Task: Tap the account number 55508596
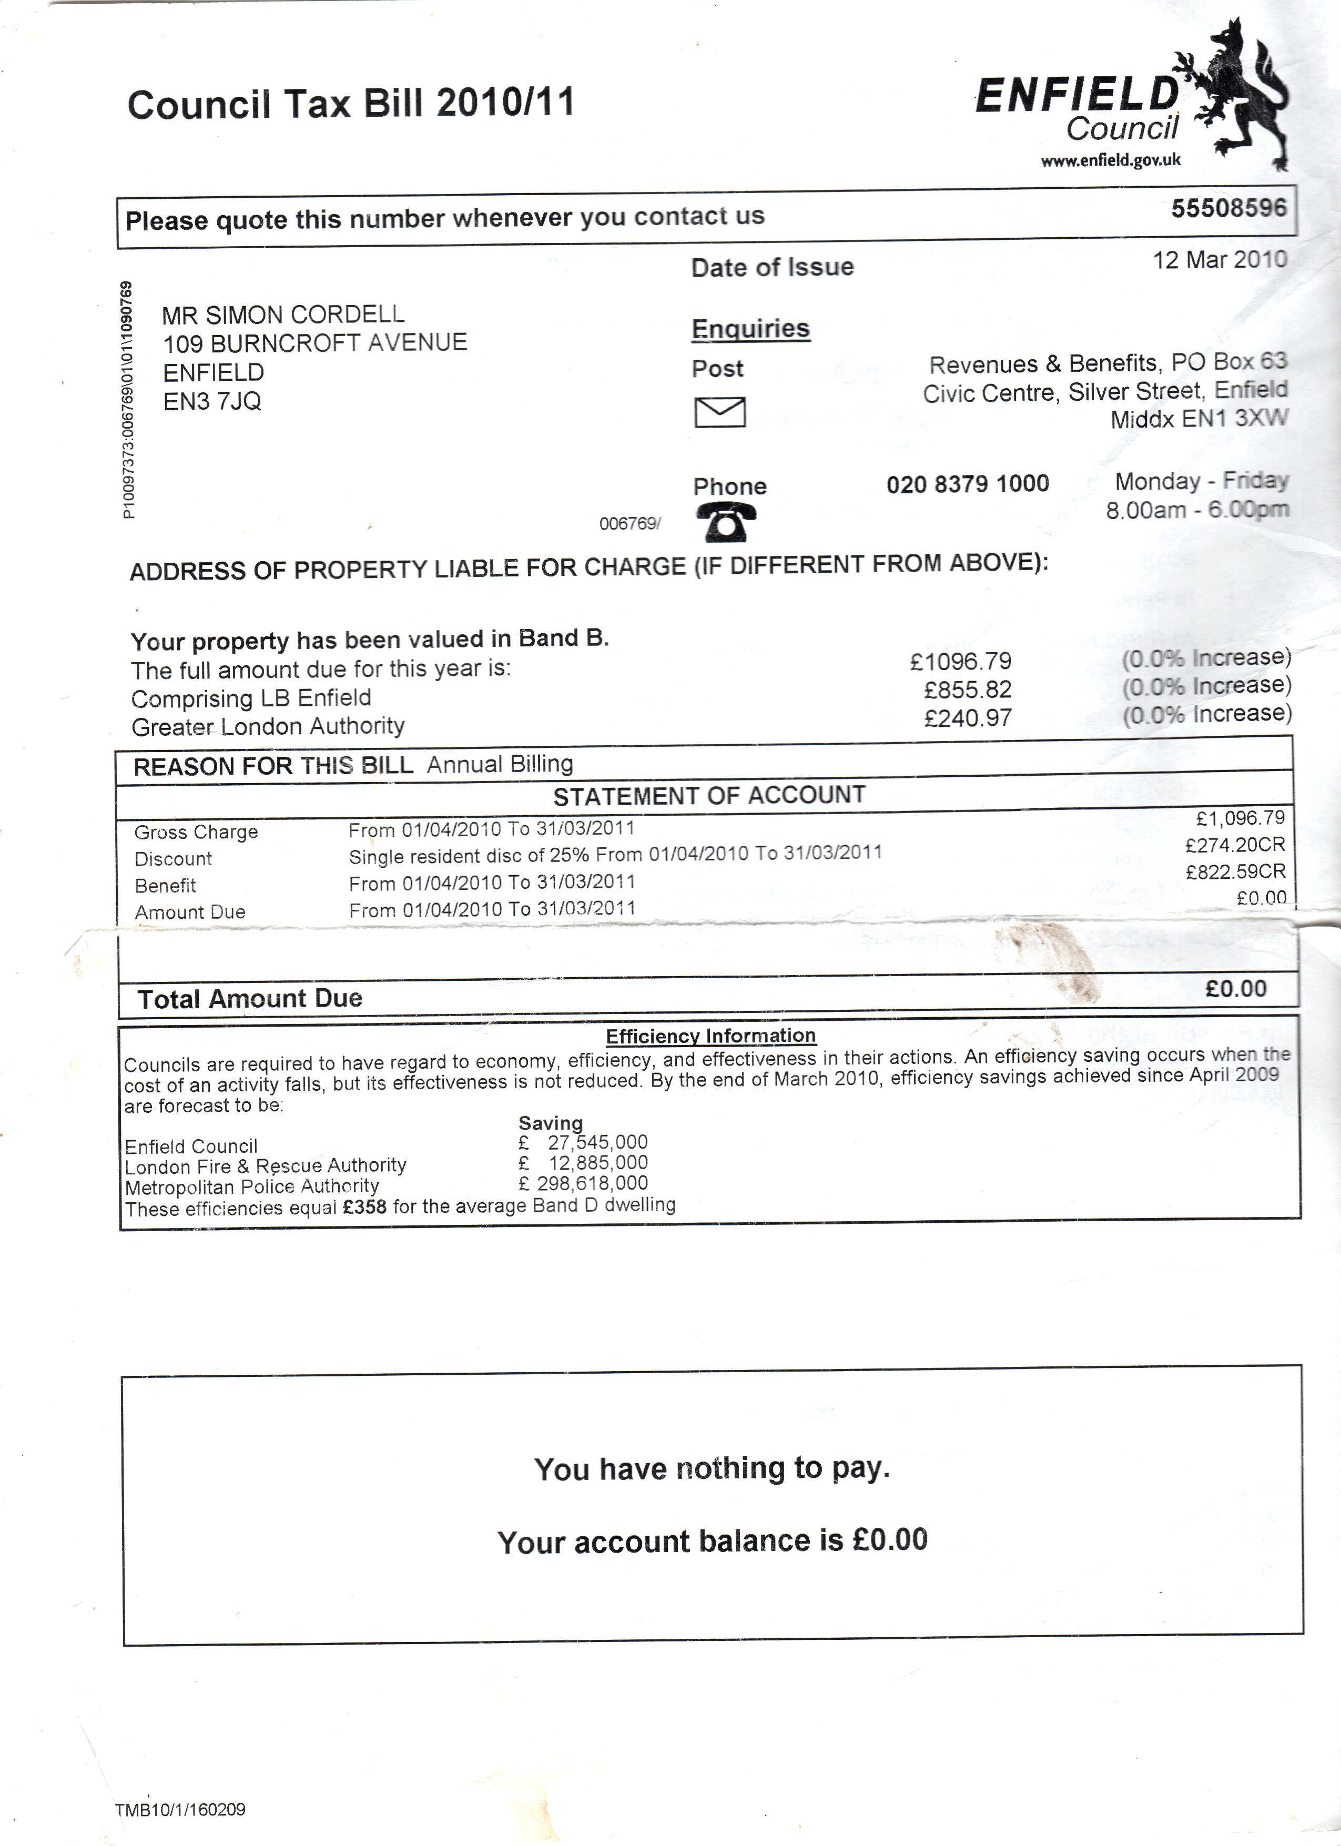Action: click(1228, 208)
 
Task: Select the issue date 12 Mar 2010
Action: click(1220, 260)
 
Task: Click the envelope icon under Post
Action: click(719, 412)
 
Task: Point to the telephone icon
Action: click(726, 522)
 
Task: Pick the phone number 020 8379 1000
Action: click(968, 484)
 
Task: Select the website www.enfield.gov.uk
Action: click(1111, 160)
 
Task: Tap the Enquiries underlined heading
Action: click(750, 329)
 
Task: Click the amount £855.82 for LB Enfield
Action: click(968, 690)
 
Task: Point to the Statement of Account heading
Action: click(709, 795)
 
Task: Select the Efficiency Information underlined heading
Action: click(710, 1036)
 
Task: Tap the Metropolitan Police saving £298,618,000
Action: click(583, 1183)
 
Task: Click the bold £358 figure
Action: click(364, 1207)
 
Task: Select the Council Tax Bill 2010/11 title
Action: click(351, 104)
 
